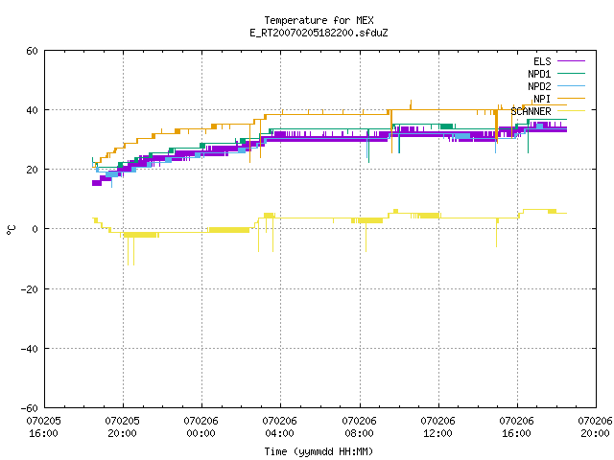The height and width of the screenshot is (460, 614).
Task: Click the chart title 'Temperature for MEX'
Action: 319,20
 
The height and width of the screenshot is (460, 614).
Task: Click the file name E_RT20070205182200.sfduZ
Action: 319,33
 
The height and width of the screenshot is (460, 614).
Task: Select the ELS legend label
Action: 542,61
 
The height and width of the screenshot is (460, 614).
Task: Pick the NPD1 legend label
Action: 539,74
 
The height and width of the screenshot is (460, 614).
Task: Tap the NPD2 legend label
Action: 539,86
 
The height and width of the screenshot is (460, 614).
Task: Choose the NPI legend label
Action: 542,99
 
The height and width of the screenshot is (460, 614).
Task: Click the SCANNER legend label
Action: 531,111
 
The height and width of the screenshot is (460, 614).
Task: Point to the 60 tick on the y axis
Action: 32,51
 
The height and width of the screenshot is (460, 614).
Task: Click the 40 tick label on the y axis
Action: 32,110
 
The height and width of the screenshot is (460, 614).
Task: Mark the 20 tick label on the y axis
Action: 32,170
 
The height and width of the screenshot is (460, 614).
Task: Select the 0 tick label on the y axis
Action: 35,229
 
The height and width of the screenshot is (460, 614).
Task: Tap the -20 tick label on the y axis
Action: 30,289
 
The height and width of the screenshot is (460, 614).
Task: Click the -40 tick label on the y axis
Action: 30,349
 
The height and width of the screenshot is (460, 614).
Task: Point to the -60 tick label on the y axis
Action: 30,408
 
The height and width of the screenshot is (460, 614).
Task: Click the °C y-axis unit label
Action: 12,230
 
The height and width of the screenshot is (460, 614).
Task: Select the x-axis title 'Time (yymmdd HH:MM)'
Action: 319,451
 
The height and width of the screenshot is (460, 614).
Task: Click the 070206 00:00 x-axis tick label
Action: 201,427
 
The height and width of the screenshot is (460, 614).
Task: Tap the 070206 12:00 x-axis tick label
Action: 437,427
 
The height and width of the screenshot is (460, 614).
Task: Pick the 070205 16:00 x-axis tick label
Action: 43,427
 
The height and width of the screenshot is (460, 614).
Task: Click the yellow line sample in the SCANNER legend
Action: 571,111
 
